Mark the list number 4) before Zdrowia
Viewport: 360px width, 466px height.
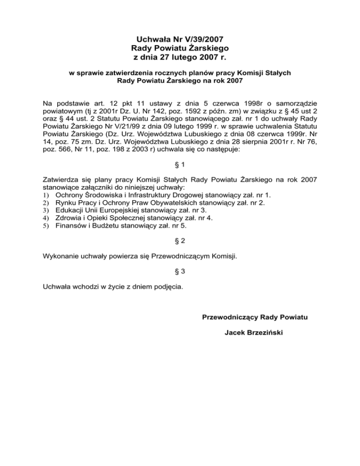pos(46,218)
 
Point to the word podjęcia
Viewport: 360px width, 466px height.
pos(166,288)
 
